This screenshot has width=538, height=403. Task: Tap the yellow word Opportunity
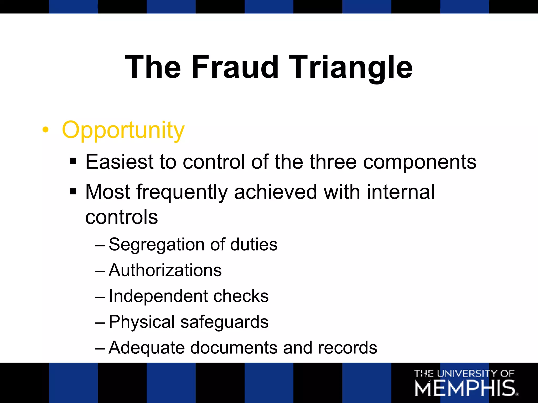(123, 130)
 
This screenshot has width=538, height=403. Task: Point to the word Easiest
(119, 162)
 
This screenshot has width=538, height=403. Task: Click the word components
(420, 162)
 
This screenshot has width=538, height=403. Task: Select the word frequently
(182, 192)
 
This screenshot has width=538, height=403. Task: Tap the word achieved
(276, 192)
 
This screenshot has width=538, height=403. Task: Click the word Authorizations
(165, 270)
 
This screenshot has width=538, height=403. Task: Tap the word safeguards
(224, 322)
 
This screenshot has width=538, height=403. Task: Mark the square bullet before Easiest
(73, 161)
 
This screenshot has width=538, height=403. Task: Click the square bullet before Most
(73, 192)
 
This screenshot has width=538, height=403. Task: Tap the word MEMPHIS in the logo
(465, 388)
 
